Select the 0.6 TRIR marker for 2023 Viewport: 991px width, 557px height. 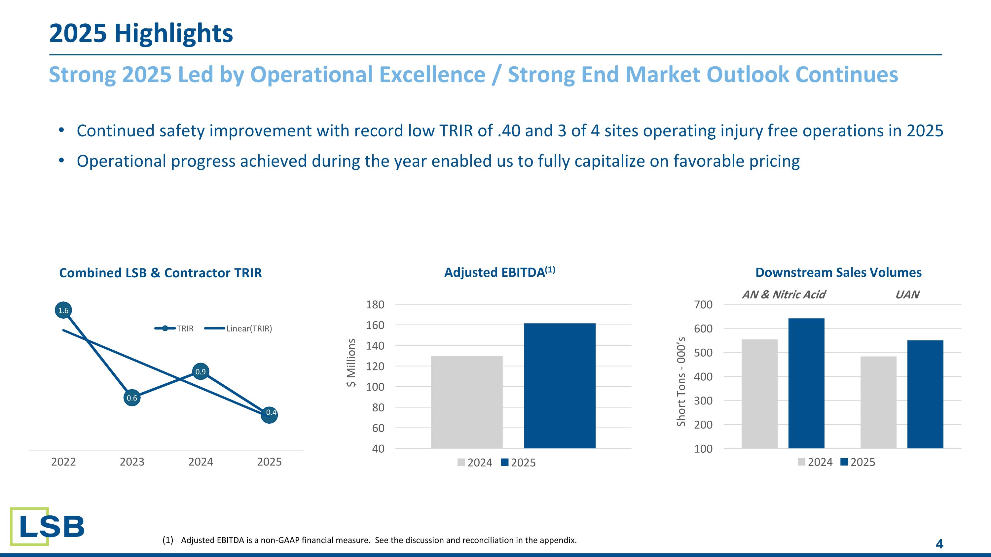132,398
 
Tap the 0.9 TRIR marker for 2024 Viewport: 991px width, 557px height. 201,371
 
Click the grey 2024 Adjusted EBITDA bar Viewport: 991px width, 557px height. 467,402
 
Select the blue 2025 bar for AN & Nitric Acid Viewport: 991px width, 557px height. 806,383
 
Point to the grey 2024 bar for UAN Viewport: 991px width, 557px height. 878,402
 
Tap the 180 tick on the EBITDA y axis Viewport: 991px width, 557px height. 375,304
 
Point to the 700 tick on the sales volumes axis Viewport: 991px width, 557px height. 703,304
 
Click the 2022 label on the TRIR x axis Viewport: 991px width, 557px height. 63,462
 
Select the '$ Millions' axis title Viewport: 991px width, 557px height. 351,363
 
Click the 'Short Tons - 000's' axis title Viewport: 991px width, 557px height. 681,381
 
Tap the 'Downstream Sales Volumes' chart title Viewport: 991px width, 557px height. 838,272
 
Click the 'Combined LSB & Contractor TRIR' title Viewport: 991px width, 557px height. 161,273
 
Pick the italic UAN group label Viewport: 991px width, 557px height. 907,295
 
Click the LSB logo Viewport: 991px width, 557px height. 47,526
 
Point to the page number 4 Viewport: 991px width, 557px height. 939,544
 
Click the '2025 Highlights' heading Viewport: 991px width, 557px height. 141,33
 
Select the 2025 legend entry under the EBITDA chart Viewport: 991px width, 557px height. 519,463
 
